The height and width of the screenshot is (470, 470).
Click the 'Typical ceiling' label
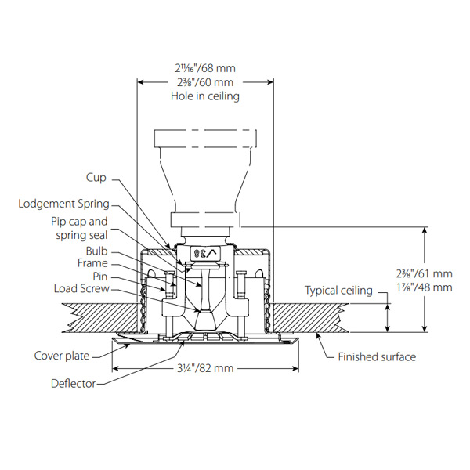point(338,291)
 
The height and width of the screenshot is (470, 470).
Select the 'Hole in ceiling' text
point(204,96)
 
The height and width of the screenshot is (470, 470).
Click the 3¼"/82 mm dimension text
point(204,367)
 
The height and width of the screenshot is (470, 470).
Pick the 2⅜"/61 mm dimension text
point(425,273)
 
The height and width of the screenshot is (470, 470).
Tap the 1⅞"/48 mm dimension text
point(425,287)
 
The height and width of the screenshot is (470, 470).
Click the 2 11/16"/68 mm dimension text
point(204,68)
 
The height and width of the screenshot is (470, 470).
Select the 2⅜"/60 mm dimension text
point(204,82)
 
